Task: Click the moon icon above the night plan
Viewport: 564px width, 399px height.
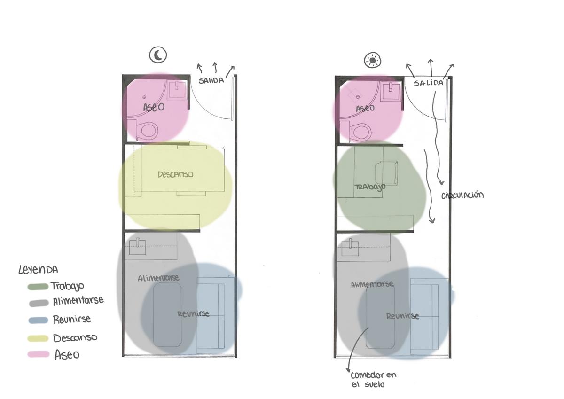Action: (x=158, y=55)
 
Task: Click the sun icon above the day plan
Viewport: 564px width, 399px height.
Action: (x=372, y=61)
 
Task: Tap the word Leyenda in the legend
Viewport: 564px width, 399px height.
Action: (x=38, y=270)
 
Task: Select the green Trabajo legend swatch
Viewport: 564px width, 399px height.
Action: (x=38, y=287)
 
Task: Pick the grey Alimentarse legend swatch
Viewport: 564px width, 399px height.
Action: (x=39, y=303)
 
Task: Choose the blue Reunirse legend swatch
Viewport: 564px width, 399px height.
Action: (x=38, y=320)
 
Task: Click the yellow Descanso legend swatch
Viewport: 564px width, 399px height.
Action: (x=38, y=338)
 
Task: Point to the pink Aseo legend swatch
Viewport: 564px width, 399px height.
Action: (x=38, y=354)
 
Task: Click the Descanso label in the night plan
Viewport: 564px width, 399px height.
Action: (x=175, y=174)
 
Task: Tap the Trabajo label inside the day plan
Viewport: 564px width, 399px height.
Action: (x=370, y=188)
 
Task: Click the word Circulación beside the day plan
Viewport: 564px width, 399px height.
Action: (x=462, y=196)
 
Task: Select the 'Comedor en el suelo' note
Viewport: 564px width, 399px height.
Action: (x=373, y=379)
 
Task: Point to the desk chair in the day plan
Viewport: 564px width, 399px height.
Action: (x=386, y=173)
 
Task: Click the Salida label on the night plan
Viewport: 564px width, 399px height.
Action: (x=211, y=80)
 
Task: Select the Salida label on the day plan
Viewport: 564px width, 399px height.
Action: (x=428, y=83)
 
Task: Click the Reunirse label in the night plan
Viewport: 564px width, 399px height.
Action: (x=193, y=313)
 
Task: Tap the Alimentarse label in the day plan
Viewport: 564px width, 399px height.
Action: (x=372, y=284)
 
